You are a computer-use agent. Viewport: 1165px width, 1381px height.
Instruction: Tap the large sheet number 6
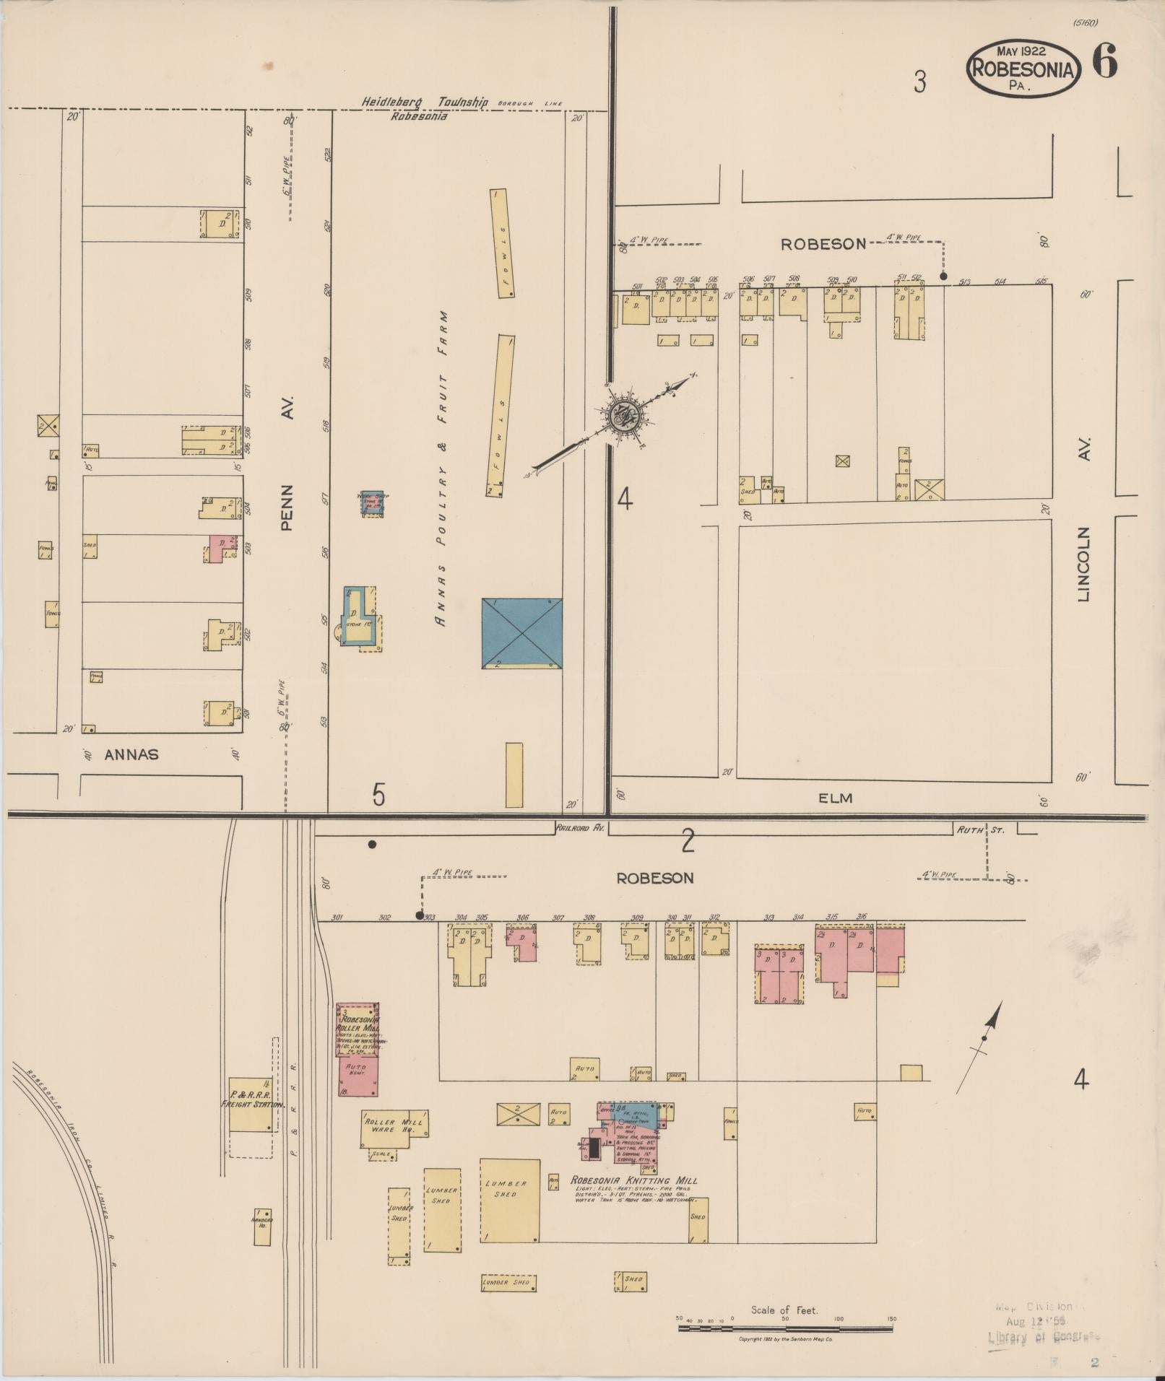pyautogui.click(x=1104, y=61)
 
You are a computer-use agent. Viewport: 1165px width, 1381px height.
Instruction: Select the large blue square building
pyautogui.click(x=521, y=633)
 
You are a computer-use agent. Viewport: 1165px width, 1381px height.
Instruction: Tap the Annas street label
pyautogui.click(x=131, y=754)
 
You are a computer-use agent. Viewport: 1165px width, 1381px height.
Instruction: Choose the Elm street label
pyautogui.click(x=836, y=798)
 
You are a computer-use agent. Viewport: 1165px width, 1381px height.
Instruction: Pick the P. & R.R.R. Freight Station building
pyautogui.click(x=251, y=1105)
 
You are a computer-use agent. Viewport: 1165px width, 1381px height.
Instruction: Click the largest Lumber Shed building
pyautogui.click(x=510, y=1201)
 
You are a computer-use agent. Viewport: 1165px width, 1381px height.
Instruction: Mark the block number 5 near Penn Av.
pyautogui.click(x=378, y=795)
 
